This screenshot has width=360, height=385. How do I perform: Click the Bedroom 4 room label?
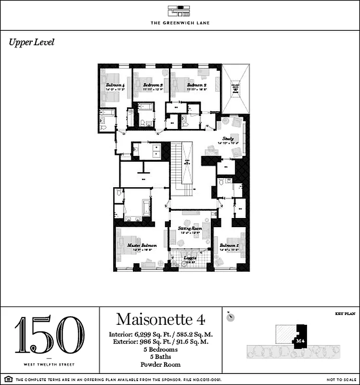tap(116, 85)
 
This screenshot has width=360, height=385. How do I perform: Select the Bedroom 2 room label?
tap(196, 85)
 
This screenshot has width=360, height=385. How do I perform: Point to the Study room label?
tap(228, 138)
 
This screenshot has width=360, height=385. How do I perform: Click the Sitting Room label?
tap(190, 228)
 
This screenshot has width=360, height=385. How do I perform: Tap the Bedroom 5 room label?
tap(229, 245)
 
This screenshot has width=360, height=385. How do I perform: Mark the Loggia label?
tap(190, 258)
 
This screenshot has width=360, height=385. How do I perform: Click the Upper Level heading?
tap(31, 42)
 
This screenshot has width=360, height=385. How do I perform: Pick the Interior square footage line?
tap(161, 334)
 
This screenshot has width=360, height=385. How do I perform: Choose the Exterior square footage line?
tap(161, 342)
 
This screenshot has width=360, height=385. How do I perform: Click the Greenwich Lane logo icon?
tap(180, 12)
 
